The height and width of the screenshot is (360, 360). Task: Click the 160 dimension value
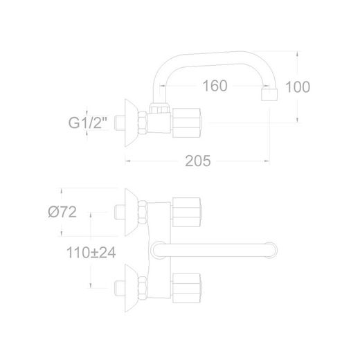pos(215,86)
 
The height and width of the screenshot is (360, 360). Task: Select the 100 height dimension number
pos(298,87)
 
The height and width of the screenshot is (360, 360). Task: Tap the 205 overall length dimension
pos(198,161)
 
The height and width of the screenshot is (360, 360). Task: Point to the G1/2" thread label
pos(88,123)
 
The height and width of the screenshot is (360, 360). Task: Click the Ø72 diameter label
pos(62,212)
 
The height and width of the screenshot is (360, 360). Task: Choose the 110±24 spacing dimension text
pos(91,253)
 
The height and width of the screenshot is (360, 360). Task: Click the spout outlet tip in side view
pos(269,95)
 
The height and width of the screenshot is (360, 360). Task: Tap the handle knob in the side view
pos(187,123)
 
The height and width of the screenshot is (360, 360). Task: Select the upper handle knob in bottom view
pos(187,212)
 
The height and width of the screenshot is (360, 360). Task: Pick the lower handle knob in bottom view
pos(187,288)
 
